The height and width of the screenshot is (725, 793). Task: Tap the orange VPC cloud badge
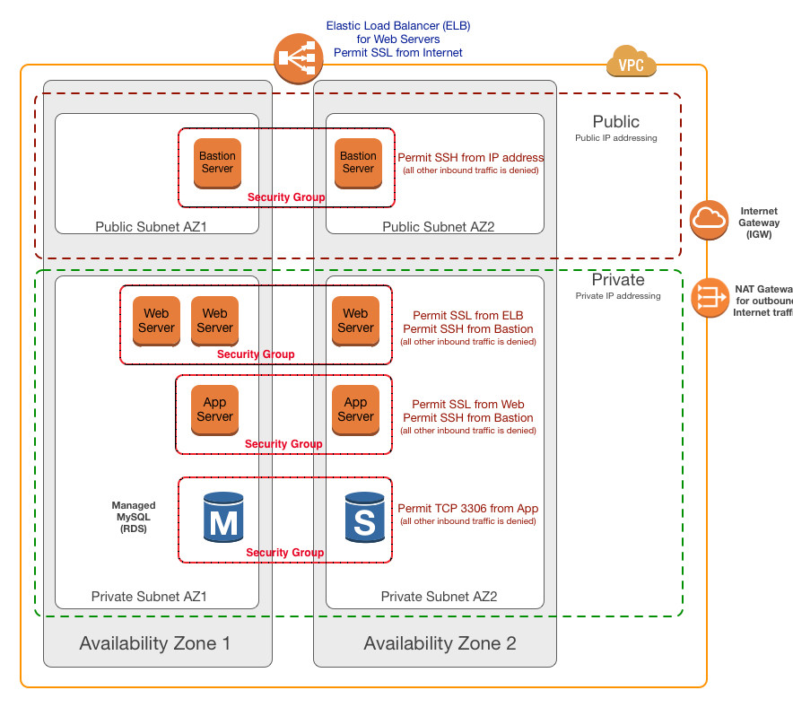[632, 64]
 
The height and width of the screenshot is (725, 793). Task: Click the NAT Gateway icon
[710, 298]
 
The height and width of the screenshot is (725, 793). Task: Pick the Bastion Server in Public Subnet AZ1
[217, 162]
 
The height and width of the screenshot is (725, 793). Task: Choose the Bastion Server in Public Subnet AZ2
[358, 162]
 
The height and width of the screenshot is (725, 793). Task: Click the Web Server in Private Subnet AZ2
[355, 320]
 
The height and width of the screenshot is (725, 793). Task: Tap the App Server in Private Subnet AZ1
[215, 410]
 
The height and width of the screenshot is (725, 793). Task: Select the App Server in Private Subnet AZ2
[355, 410]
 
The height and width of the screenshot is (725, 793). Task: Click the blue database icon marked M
[223, 516]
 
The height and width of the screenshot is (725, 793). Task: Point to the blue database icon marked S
[365, 516]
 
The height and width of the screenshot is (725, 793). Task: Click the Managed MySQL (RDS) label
[134, 517]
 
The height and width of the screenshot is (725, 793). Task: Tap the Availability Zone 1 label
[154, 643]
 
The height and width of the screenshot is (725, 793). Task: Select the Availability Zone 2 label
[440, 643]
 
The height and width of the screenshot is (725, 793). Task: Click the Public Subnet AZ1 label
[152, 227]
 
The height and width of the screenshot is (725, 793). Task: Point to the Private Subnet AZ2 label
[439, 597]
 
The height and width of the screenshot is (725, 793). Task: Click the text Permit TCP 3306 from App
[468, 509]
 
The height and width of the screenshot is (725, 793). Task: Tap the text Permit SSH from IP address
[471, 157]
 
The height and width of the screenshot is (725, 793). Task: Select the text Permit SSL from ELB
[468, 316]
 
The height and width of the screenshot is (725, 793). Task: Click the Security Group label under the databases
[285, 553]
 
